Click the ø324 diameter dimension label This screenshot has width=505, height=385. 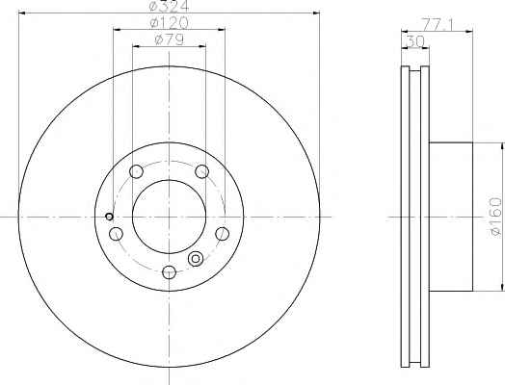pos(170,6)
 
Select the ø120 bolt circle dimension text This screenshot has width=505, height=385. pos(170,23)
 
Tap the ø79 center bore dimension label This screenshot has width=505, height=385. pos(170,39)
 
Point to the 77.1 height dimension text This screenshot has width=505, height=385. pos(438,25)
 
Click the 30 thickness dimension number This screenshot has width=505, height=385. pos(415,41)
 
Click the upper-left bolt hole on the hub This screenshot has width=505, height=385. pos(136,171)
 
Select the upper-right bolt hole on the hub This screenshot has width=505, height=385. pos(202,171)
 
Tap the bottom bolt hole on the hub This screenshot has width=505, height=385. pos(169,272)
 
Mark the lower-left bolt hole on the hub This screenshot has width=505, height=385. pos(116,234)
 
